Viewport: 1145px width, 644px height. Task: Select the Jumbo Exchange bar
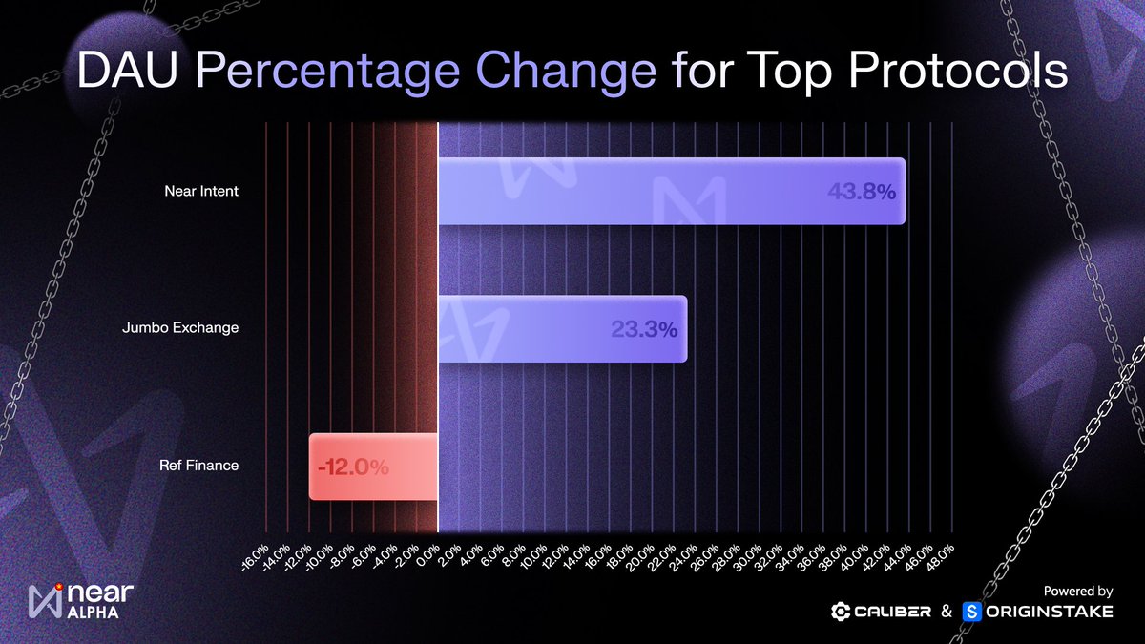coord(562,328)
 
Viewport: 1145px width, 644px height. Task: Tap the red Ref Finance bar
coord(373,467)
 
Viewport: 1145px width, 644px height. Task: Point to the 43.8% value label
coord(861,192)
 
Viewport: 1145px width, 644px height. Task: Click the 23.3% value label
coord(643,329)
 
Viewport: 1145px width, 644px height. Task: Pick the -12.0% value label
coord(353,467)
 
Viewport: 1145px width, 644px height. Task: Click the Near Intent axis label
coord(200,191)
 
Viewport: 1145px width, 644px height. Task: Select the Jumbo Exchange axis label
coord(180,328)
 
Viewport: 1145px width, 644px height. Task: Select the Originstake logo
coord(1038,612)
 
